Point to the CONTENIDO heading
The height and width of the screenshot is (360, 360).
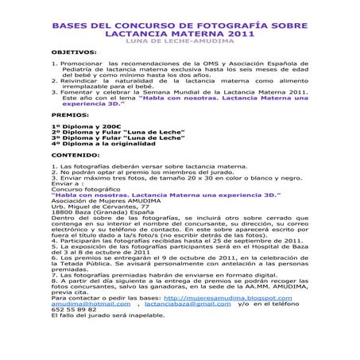pos(76,156)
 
